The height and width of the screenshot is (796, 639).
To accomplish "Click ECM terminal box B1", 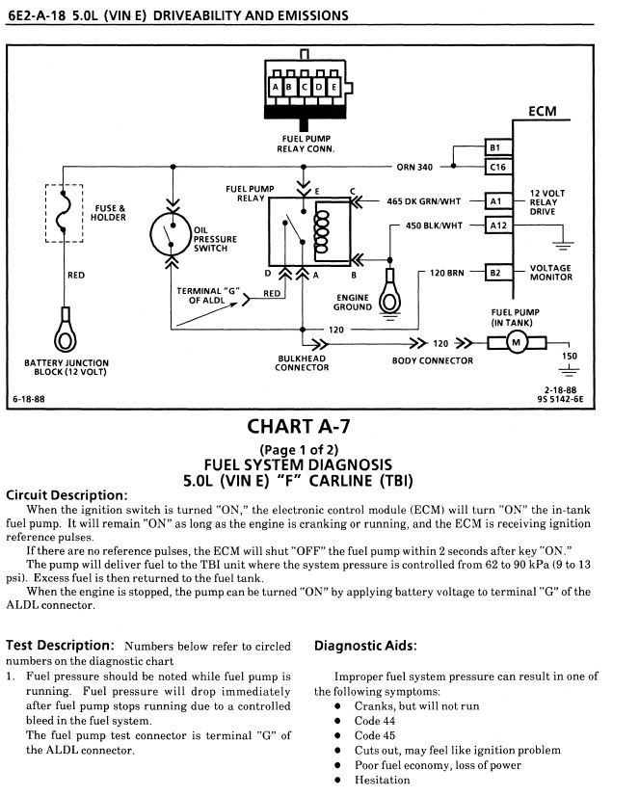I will pos(494,147).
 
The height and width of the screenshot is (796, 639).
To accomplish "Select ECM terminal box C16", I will pos(494,167).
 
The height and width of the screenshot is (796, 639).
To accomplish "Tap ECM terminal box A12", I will pos(494,225).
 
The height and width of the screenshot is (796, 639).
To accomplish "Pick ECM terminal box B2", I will pos(494,273).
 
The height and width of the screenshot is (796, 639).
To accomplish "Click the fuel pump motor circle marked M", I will pos(515,344).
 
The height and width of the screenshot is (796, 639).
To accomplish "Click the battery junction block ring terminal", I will pos(66,328).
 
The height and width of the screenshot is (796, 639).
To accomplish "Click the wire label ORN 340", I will pos(414,167).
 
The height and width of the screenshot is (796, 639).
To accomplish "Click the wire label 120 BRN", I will pos(446,273).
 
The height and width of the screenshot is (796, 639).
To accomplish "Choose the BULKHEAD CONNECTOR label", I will pos(302,362).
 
